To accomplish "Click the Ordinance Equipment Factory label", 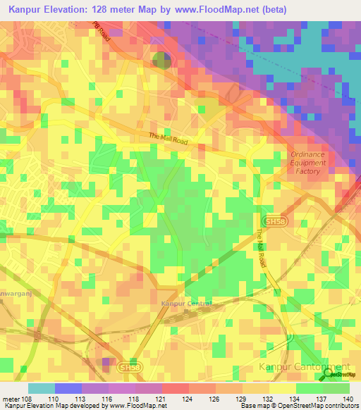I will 308,163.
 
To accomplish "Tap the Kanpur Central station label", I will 186,304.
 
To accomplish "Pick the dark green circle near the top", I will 161,61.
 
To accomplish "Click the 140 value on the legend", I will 348,398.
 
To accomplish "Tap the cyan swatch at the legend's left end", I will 42,388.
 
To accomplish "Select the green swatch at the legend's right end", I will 336,388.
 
